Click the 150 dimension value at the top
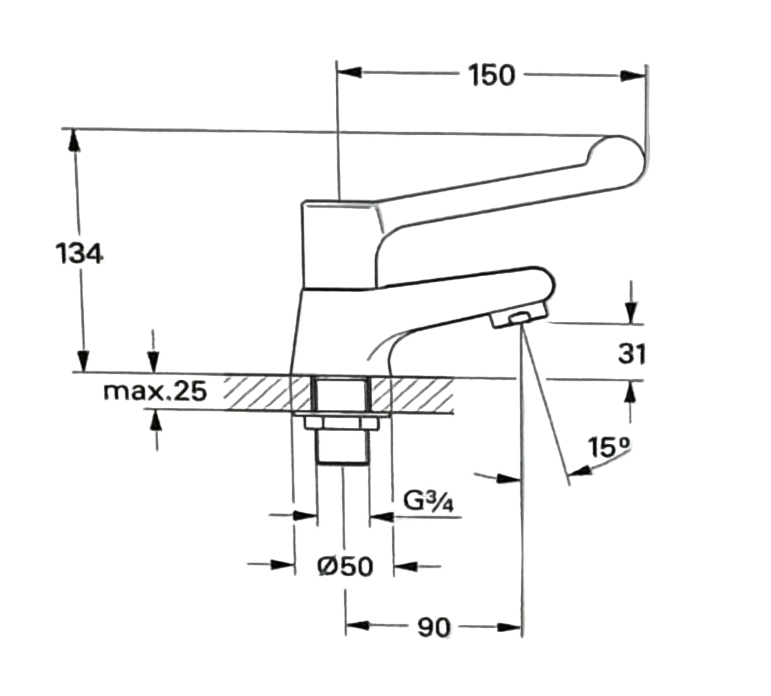(x=491, y=75)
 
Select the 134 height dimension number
(x=78, y=254)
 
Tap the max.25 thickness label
(x=155, y=392)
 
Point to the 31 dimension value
(x=631, y=354)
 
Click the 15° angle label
(x=609, y=446)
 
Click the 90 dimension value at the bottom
(x=433, y=627)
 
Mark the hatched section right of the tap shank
(x=412, y=393)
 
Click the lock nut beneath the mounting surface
(x=341, y=423)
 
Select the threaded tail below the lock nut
(x=341, y=447)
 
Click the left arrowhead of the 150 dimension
(x=349, y=73)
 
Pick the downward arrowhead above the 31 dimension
(x=631, y=313)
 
